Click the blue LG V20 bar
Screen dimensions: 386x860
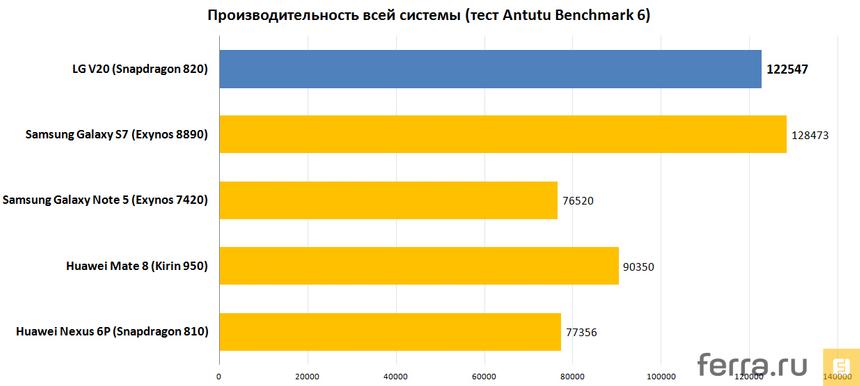[490, 69]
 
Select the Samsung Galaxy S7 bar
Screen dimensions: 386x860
[503, 134]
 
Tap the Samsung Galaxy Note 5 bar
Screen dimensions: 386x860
[388, 200]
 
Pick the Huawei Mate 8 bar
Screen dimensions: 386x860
[419, 265]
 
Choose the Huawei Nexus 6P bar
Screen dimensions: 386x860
[390, 331]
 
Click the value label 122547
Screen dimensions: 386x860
[787, 70]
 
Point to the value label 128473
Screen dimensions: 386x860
[810, 134]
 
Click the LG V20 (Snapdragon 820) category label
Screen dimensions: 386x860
[133, 70]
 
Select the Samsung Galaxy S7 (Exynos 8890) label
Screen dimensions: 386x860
[117, 135]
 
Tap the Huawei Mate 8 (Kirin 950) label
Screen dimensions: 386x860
[136, 266]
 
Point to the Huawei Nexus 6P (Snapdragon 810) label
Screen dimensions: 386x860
[112, 331]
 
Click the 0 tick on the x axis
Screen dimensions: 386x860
[219, 377]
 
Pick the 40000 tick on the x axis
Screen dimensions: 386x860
[395, 377]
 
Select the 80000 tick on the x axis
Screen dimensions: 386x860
[572, 377]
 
